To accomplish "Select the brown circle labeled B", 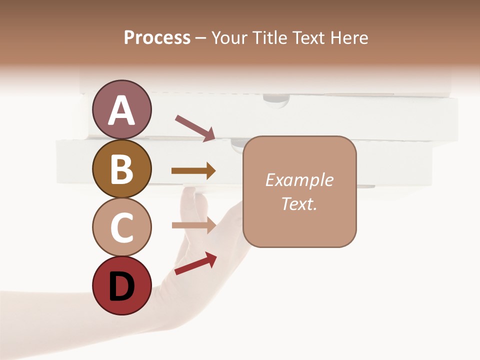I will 122,168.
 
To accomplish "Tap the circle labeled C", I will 122,227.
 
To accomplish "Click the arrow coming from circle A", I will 195,127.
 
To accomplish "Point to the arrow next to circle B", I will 193,171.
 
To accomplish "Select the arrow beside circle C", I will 193,225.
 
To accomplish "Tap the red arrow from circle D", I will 195,263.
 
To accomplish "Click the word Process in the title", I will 157,37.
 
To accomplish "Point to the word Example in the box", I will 299,180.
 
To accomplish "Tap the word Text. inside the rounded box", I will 299,203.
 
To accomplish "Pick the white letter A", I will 122,110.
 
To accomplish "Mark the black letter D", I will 122,287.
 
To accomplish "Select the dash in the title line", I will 201,38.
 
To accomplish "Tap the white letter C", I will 122,227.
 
